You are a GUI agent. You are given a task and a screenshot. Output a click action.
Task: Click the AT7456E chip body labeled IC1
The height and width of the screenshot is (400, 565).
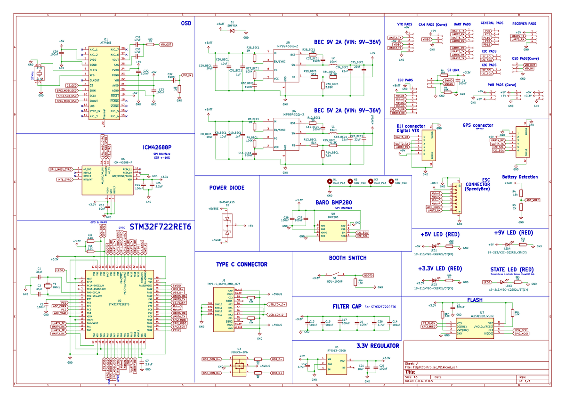104,82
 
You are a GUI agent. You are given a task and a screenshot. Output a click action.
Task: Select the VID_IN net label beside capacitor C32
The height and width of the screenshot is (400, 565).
187,75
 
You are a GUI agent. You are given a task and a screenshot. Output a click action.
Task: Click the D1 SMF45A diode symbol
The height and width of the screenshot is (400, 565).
232,31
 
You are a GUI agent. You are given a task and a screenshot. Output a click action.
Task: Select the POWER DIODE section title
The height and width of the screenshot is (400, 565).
227,188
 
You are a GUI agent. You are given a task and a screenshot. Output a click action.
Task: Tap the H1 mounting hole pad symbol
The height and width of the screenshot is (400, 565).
329,181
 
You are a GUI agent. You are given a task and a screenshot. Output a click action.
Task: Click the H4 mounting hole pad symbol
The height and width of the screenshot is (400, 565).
390,181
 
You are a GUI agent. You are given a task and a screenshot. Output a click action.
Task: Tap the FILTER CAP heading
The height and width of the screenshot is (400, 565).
347,306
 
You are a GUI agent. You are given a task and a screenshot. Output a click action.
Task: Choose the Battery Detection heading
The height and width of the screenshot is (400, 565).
520,177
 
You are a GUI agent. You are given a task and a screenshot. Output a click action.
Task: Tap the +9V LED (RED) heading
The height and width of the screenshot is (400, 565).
513,233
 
